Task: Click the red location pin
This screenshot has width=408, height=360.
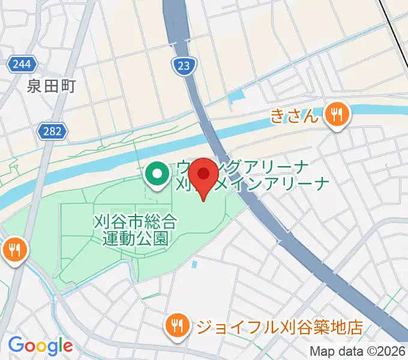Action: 204,175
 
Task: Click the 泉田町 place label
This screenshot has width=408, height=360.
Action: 50,86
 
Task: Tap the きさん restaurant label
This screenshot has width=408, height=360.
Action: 293,115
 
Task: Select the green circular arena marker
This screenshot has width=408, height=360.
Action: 158,175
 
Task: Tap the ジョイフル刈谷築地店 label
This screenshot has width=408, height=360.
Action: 279,328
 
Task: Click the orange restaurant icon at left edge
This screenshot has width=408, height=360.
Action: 14,249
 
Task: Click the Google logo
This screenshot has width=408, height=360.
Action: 40,345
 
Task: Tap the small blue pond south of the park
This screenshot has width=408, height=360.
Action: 194,264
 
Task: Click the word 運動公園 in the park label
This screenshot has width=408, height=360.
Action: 135,238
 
